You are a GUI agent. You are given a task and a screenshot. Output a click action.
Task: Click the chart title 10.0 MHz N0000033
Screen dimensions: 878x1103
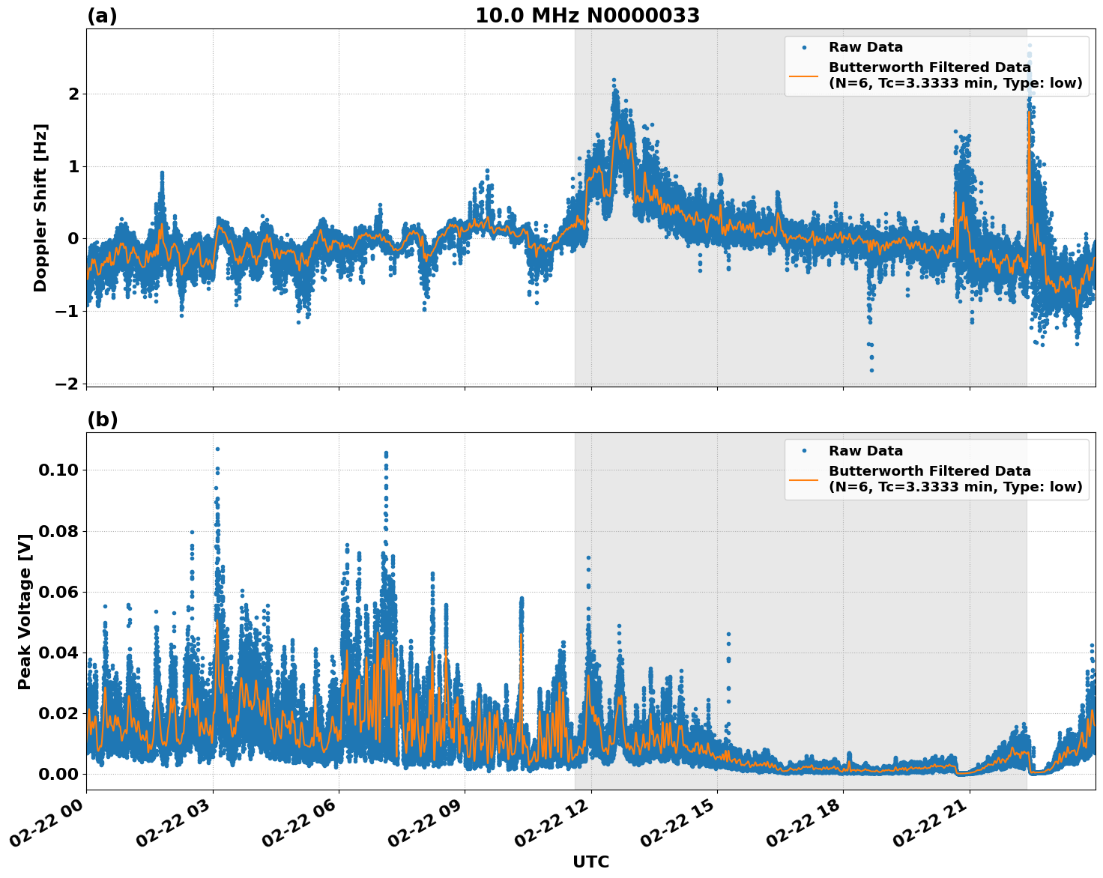587,16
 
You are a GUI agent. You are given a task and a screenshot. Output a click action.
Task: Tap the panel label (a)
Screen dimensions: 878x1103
102,16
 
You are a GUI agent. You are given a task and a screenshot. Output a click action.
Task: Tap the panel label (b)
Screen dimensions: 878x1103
102,420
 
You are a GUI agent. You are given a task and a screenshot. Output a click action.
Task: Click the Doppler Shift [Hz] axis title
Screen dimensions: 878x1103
40,208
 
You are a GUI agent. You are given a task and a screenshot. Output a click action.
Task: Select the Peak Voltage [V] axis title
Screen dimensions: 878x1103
25,611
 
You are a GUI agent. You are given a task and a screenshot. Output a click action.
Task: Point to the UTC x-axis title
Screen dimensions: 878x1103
590,862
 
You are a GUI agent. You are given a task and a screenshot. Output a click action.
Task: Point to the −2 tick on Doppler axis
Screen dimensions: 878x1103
67,384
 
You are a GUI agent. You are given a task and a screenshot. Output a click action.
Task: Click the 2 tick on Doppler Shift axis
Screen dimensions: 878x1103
73,94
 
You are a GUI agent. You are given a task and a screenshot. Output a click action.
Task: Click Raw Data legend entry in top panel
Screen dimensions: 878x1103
865,47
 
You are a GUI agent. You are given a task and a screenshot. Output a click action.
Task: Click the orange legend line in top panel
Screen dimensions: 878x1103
804,76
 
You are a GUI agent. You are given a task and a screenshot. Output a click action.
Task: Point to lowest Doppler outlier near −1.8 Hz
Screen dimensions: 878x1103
871,370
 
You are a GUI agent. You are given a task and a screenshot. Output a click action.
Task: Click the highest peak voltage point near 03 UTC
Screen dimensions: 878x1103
217,449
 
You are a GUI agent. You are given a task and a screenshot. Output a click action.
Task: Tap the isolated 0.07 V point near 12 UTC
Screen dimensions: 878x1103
588,557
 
